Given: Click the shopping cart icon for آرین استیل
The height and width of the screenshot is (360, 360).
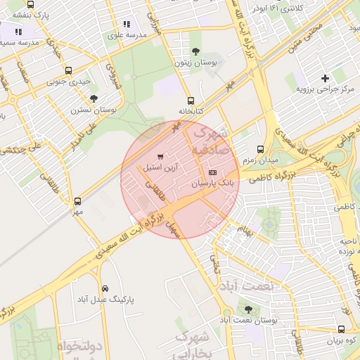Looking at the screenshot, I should pyautogui.click(x=161, y=156).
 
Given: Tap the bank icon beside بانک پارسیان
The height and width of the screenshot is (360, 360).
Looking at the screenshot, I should pyautogui.click(x=213, y=173).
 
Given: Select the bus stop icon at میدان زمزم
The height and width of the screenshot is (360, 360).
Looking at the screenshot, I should pyautogui.click(x=260, y=149).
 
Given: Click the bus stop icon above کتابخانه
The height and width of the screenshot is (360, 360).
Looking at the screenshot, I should pyautogui.click(x=191, y=101).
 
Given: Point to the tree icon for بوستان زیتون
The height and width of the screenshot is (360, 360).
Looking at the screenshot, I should pyautogui.click(x=195, y=51).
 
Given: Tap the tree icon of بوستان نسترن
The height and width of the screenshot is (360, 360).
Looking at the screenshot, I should pyautogui.click(x=94, y=98).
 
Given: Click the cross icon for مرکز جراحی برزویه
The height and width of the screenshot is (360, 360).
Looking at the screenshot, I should pyautogui.click(x=324, y=78).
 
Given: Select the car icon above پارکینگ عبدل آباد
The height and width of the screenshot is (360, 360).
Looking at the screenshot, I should pyautogui.click(x=105, y=288).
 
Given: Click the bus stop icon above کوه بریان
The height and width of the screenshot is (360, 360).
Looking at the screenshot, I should pyautogui.click(x=341, y=329).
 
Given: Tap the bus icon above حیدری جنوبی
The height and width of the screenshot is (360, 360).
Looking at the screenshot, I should pyautogui.click(x=68, y=70).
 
